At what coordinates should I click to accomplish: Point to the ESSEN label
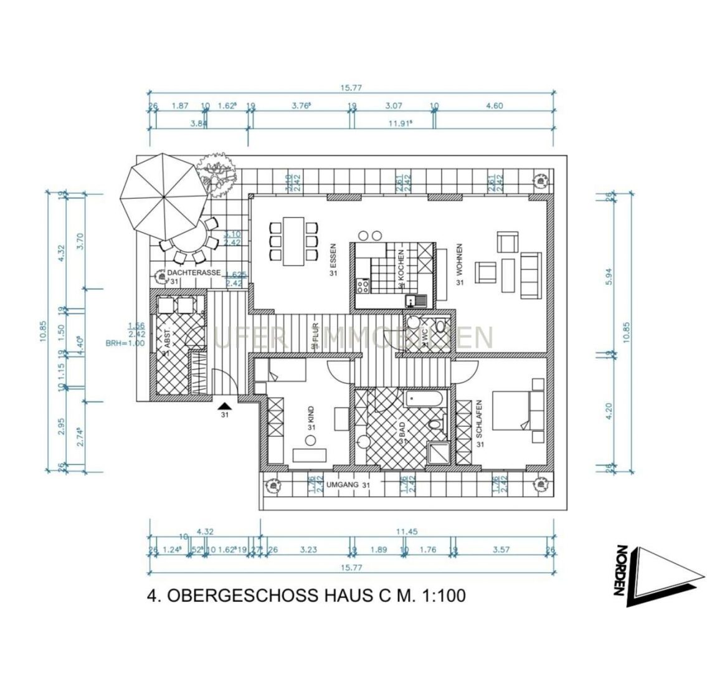click(333, 258)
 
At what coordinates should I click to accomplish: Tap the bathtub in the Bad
click(424, 398)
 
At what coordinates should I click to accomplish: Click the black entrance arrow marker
click(224, 406)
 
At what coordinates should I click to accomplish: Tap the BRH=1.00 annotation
click(125, 343)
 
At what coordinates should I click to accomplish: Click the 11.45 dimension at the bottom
click(406, 532)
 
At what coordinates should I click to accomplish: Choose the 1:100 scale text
click(443, 596)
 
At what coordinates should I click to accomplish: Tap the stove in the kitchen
click(363, 286)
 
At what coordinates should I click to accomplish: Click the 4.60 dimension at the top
click(494, 106)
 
